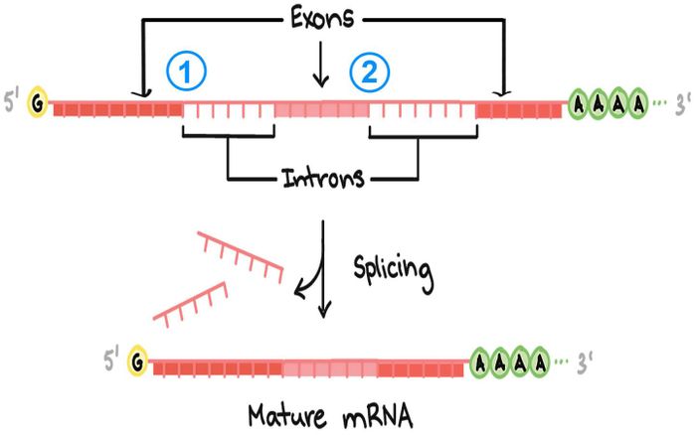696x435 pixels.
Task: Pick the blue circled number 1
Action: [x=184, y=72]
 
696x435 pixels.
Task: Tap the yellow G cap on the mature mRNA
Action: [x=139, y=364]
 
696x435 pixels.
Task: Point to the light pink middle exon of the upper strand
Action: [x=322, y=108]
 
